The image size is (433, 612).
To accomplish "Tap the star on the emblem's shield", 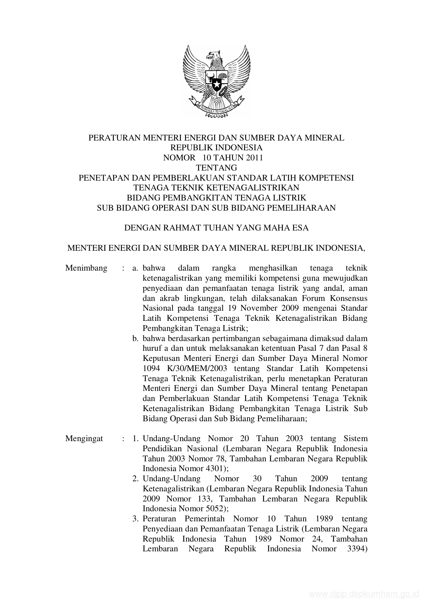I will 216,84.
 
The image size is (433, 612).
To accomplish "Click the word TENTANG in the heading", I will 216,168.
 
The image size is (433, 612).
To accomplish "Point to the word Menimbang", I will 86,268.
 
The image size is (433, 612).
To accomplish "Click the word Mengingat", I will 84,439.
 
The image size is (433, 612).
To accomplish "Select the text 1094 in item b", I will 151,369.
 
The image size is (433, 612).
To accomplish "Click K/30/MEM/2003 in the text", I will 198,369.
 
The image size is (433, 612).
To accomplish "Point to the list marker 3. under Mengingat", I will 136,519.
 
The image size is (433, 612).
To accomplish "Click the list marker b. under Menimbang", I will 136,339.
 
